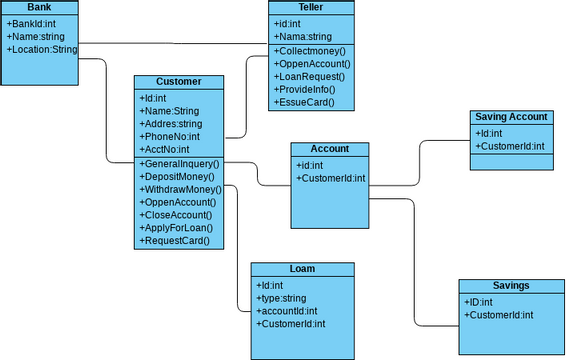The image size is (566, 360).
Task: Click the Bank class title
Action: [39, 7]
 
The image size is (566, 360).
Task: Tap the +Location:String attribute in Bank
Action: [41, 48]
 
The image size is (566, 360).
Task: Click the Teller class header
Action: [311, 7]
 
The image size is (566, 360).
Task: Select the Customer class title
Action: [179, 82]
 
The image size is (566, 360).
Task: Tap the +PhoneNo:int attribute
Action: [169, 137]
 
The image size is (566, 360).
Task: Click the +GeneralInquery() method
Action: [179, 163]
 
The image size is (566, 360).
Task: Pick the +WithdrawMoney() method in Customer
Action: [180, 189]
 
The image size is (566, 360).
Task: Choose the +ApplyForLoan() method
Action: [176, 228]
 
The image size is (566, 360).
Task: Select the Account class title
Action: [329, 149]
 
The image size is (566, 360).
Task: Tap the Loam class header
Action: [301, 269]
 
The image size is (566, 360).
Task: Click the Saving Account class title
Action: [511, 117]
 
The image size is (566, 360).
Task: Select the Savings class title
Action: [511, 286]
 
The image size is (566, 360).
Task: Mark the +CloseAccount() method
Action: [177, 215]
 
